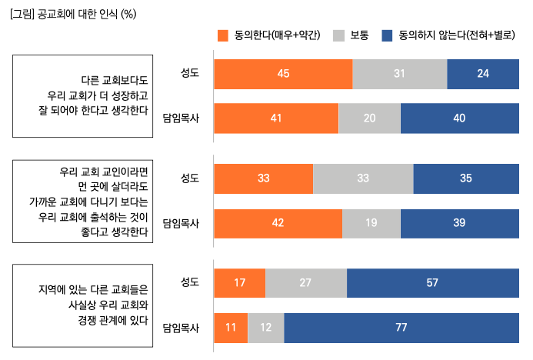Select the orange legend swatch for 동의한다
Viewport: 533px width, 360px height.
[x=224, y=35]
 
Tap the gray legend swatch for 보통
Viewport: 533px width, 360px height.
[x=338, y=35]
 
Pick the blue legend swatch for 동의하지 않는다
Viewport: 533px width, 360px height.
[x=388, y=35]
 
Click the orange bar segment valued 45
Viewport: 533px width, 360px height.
[x=283, y=73]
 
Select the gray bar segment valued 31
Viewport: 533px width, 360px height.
[x=399, y=73]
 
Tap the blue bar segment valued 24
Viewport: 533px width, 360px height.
[x=482, y=73]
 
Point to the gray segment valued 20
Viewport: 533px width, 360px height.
[x=369, y=118]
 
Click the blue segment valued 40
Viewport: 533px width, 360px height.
[x=459, y=118]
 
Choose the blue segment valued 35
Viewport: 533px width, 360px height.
[x=465, y=178]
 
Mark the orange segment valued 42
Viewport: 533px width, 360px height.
[x=278, y=223]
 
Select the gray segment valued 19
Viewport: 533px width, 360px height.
[x=371, y=223]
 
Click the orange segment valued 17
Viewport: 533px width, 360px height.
[x=239, y=283]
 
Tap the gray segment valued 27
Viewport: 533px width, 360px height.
[x=306, y=283]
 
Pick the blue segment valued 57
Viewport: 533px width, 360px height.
[x=432, y=283]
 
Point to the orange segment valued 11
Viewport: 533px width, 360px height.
[x=231, y=328]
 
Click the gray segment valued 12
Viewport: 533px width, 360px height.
[x=266, y=328]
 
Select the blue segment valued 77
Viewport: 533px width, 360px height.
[x=401, y=328]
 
